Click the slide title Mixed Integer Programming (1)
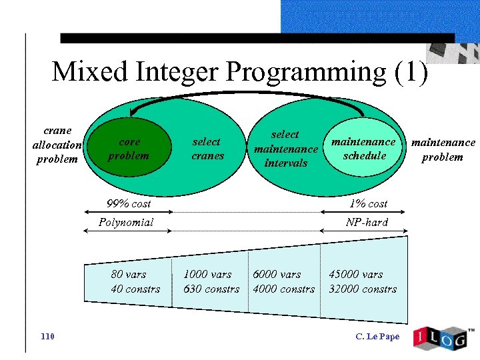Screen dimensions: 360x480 click(x=239, y=71)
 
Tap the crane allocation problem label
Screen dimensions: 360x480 click(x=57, y=145)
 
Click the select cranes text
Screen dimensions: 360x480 click(x=206, y=149)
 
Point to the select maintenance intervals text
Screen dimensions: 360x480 click(x=285, y=149)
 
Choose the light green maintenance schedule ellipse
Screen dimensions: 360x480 click(x=364, y=148)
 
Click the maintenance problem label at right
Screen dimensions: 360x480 click(x=443, y=149)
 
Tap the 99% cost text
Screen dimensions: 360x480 click(x=129, y=203)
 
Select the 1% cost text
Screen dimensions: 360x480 click(x=368, y=203)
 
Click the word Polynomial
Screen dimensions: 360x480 click(x=126, y=222)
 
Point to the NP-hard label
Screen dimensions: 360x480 click(x=367, y=222)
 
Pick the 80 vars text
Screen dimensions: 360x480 click(x=128, y=274)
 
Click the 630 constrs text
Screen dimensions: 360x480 click(x=211, y=289)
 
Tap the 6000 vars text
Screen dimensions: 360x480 click(x=277, y=274)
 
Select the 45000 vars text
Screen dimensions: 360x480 click(x=356, y=274)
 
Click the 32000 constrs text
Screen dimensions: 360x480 click(x=363, y=289)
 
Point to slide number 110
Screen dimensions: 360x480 click(x=47, y=336)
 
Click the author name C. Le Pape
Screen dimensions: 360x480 click(x=378, y=336)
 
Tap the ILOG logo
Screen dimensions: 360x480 click(x=441, y=337)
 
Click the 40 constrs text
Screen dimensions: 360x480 click(x=135, y=289)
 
